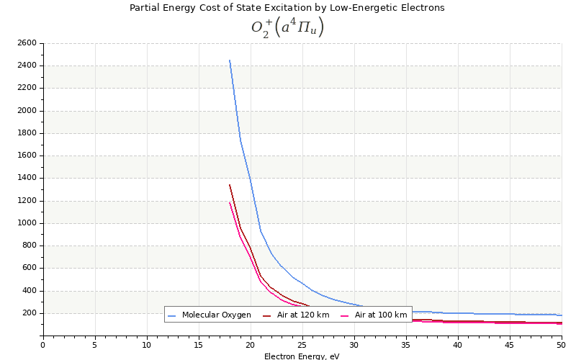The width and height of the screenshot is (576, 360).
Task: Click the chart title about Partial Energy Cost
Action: pos(287,8)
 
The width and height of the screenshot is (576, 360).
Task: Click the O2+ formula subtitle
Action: pos(287,27)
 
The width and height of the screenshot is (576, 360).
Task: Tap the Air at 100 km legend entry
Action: pos(380,315)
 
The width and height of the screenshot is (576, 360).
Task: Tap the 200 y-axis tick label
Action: pos(28,313)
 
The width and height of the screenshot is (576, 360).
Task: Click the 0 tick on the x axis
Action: pos(42,345)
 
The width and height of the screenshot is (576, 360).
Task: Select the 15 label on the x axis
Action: pos(198,345)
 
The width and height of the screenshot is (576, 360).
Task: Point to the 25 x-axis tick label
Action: pos(302,345)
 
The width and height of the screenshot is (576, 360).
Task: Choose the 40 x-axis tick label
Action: pos(458,345)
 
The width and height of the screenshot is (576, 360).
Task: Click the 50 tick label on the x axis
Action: pos(561,345)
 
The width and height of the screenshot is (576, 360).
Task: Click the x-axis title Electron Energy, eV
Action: pos(302,356)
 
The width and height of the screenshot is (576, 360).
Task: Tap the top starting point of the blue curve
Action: pos(230,60)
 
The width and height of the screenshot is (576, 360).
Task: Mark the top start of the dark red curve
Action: pos(230,185)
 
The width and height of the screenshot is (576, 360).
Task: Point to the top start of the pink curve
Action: pos(230,202)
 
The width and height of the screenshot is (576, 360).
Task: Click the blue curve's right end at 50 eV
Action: pos(561,315)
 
